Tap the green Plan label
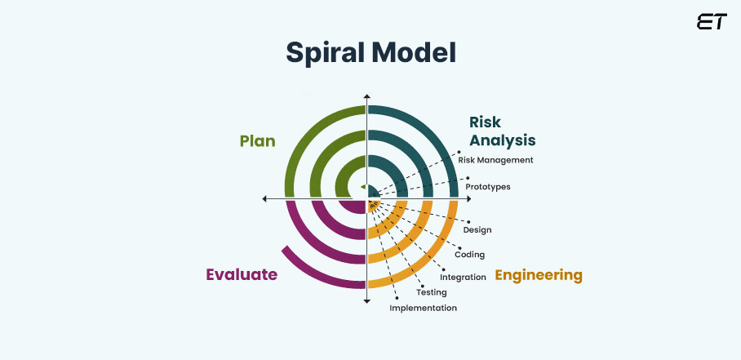click(257, 141)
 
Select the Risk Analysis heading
click(502, 131)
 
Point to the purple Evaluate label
click(242, 274)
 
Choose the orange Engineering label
click(539, 275)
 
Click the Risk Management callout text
click(495, 160)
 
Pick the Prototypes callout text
click(488, 186)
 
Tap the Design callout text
click(477, 229)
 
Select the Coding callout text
click(470, 254)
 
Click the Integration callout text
click(463, 277)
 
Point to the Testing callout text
click(431, 291)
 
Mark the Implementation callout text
click(423, 308)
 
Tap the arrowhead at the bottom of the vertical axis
click(367, 301)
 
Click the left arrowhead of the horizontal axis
click(265, 198)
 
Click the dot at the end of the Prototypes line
click(468, 177)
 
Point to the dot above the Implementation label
click(397, 296)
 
